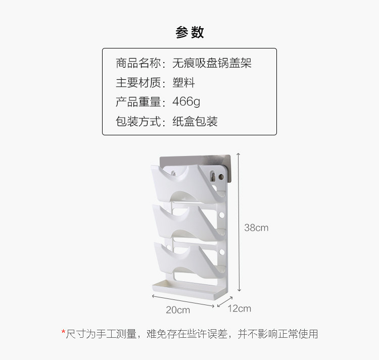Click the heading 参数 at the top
(189, 33)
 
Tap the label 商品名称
(138, 63)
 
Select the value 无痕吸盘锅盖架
(212, 63)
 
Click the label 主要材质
(138, 83)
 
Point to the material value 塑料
(183, 83)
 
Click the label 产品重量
(138, 102)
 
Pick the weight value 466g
(186, 102)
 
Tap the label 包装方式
(138, 122)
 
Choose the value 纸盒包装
(195, 122)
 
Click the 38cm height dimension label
(256, 228)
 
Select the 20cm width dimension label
(178, 310)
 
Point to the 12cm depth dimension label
(239, 308)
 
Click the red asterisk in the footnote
(63, 333)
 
